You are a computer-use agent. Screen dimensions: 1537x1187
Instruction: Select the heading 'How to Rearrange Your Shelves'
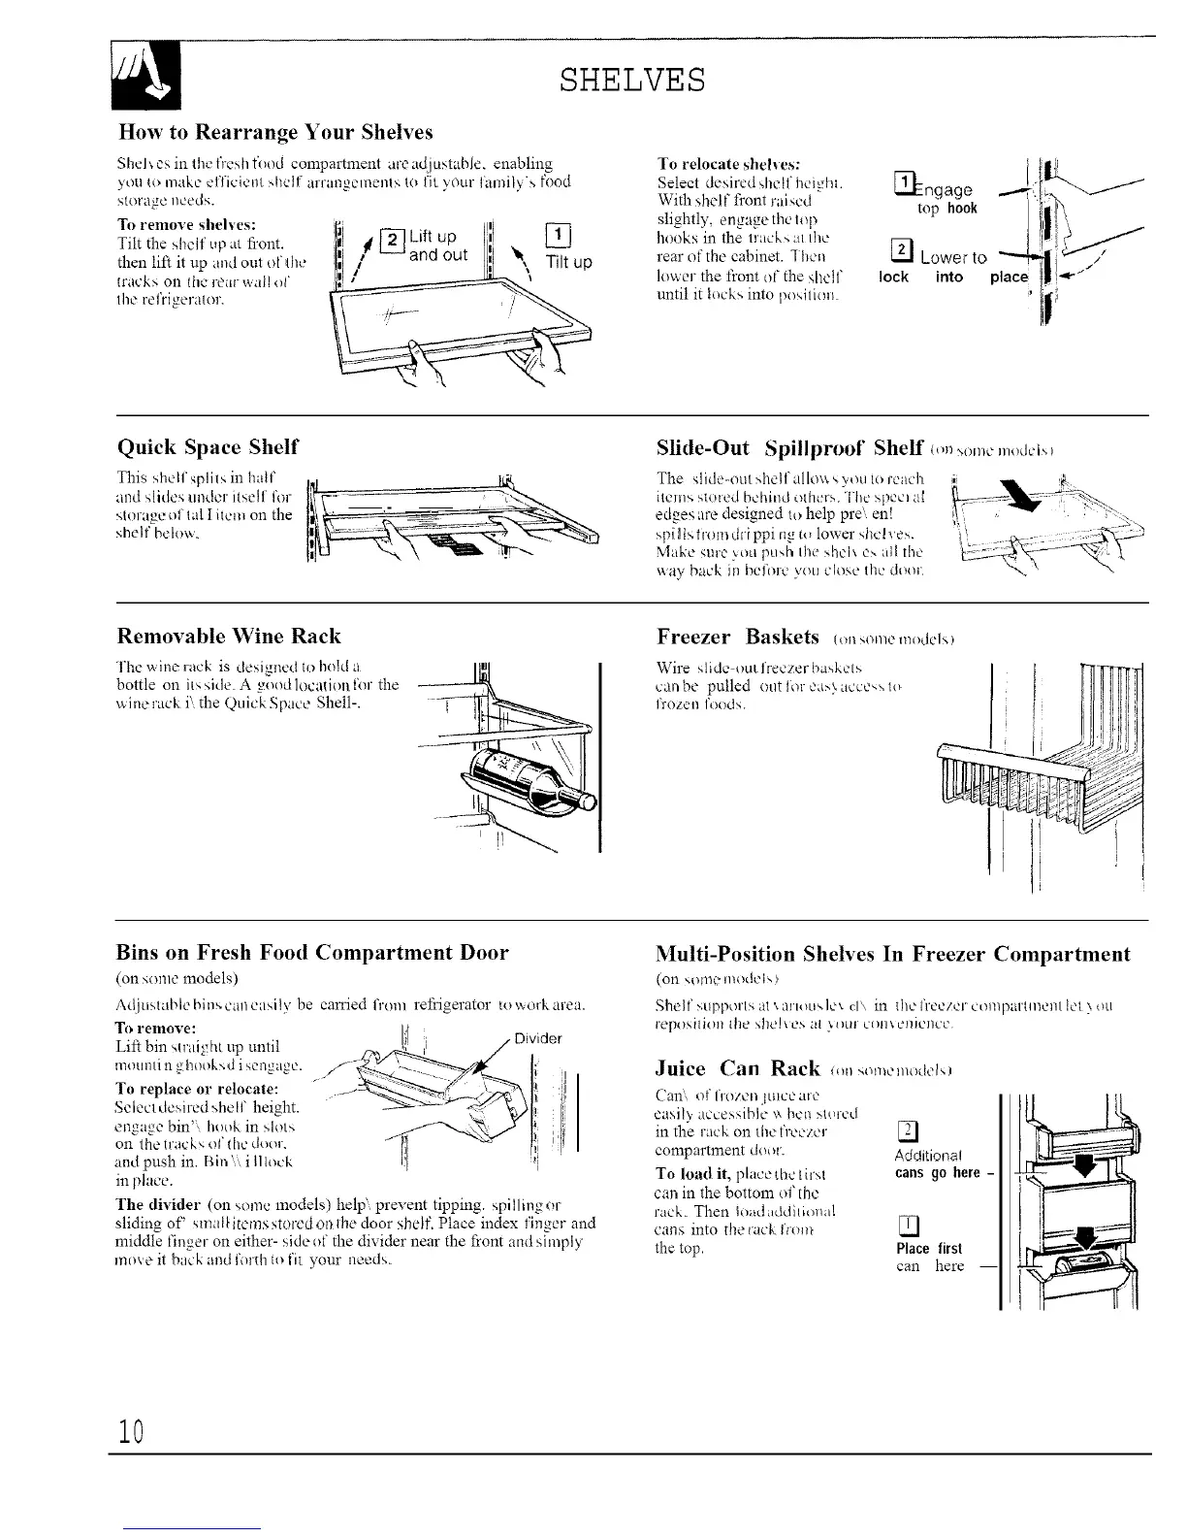click(274, 131)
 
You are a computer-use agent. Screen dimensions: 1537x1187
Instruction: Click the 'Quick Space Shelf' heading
click(208, 446)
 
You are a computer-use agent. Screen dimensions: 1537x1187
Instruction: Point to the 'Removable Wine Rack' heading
click(228, 637)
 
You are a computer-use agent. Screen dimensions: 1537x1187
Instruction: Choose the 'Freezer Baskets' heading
click(737, 637)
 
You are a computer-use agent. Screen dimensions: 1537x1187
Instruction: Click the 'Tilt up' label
click(569, 262)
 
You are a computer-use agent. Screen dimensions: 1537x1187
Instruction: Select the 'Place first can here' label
click(930, 1257)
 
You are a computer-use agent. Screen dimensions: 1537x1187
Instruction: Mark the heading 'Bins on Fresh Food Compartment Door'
click(312, 953)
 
